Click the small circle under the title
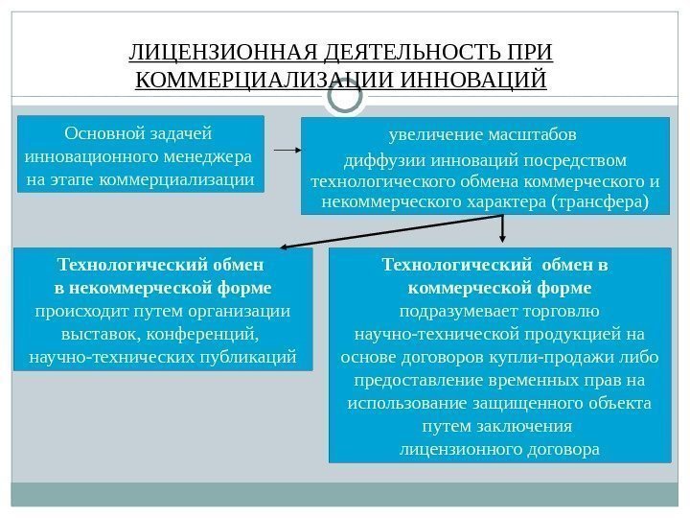[x=345, y=96]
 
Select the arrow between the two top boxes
[x=288, y=151]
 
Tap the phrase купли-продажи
[x=566, y=357]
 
